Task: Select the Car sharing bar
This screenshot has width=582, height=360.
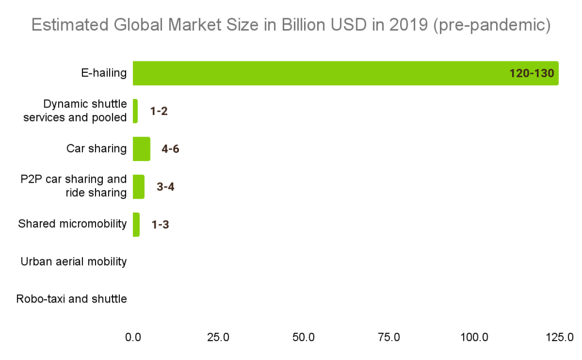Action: tap(142, 149)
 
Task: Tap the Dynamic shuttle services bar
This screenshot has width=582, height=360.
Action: tap(135, 111)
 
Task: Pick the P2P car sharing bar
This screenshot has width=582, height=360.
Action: tap(139, 187)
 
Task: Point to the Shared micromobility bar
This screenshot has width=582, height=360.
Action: tap(136, 225)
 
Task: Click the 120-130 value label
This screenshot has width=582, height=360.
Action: tap(531, 73)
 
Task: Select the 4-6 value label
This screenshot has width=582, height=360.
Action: tap(171, 149)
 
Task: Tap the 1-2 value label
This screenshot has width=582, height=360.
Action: tap(159, 111)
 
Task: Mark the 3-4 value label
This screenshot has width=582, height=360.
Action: tap(165, 187)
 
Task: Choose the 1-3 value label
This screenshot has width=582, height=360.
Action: tap(160, 225)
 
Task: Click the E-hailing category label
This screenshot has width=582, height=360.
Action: tap(103, 73)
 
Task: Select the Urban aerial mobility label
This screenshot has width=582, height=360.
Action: tap(73, 262)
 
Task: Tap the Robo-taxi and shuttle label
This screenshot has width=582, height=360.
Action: tap(72, 299)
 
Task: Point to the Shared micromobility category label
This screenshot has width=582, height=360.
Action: tap(72, 224)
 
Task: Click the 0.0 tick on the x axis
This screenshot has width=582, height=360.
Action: tap(133, 337)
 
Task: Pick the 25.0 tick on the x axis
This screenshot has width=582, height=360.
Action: tap(218, 337)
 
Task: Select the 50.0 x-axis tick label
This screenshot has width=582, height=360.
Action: tap(304, 337)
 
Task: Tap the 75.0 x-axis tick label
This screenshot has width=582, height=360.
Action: tap(389, 337)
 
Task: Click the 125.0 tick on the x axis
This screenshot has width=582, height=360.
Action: tap(559, 337)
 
